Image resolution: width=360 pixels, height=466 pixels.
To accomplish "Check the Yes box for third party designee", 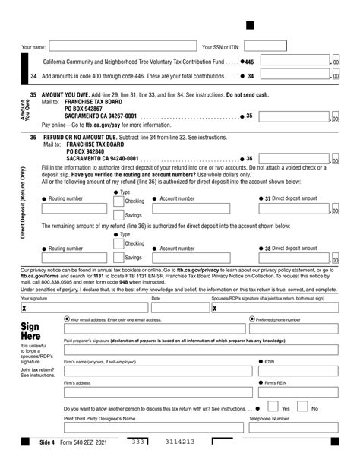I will coord(275,408).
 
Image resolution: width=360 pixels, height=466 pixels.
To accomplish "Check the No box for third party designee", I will coord(304,408).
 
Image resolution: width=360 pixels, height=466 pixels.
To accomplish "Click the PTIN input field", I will coord(298,370).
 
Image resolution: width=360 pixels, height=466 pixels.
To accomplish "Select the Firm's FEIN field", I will coord(298,392).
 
